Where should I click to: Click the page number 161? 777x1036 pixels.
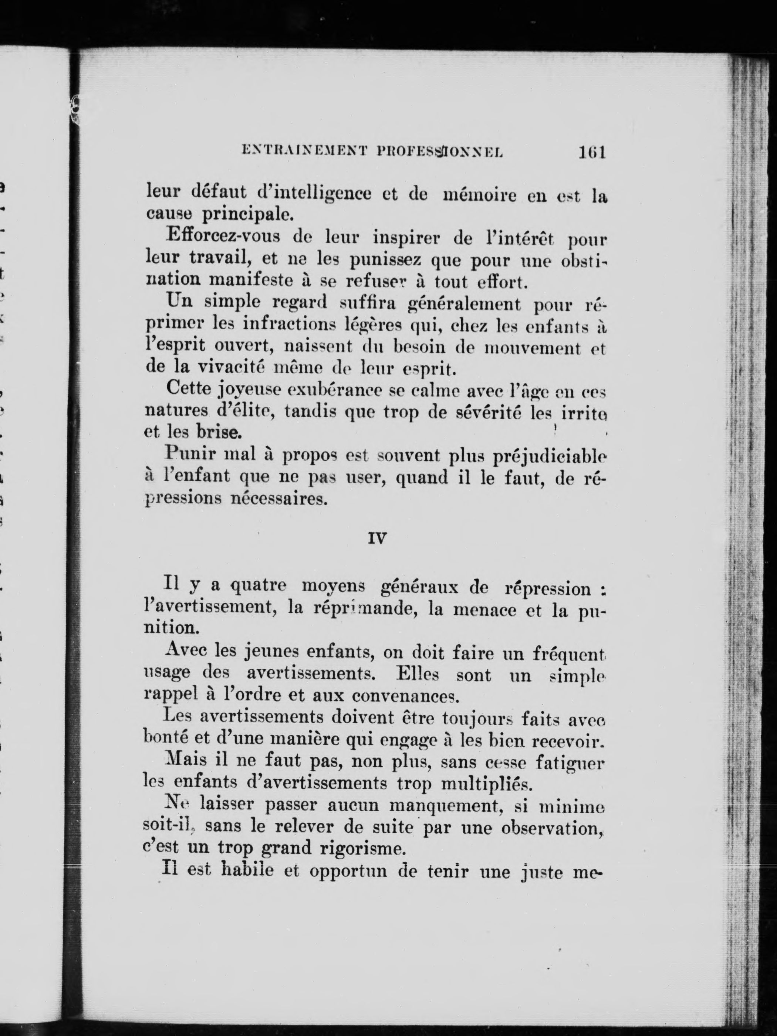pyautogui.click(x=592, y=152)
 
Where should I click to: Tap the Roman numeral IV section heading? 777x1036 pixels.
pyautogui.click(x=377, y=539)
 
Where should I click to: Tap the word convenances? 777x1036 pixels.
pyautogui.click(x=404, y=696)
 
